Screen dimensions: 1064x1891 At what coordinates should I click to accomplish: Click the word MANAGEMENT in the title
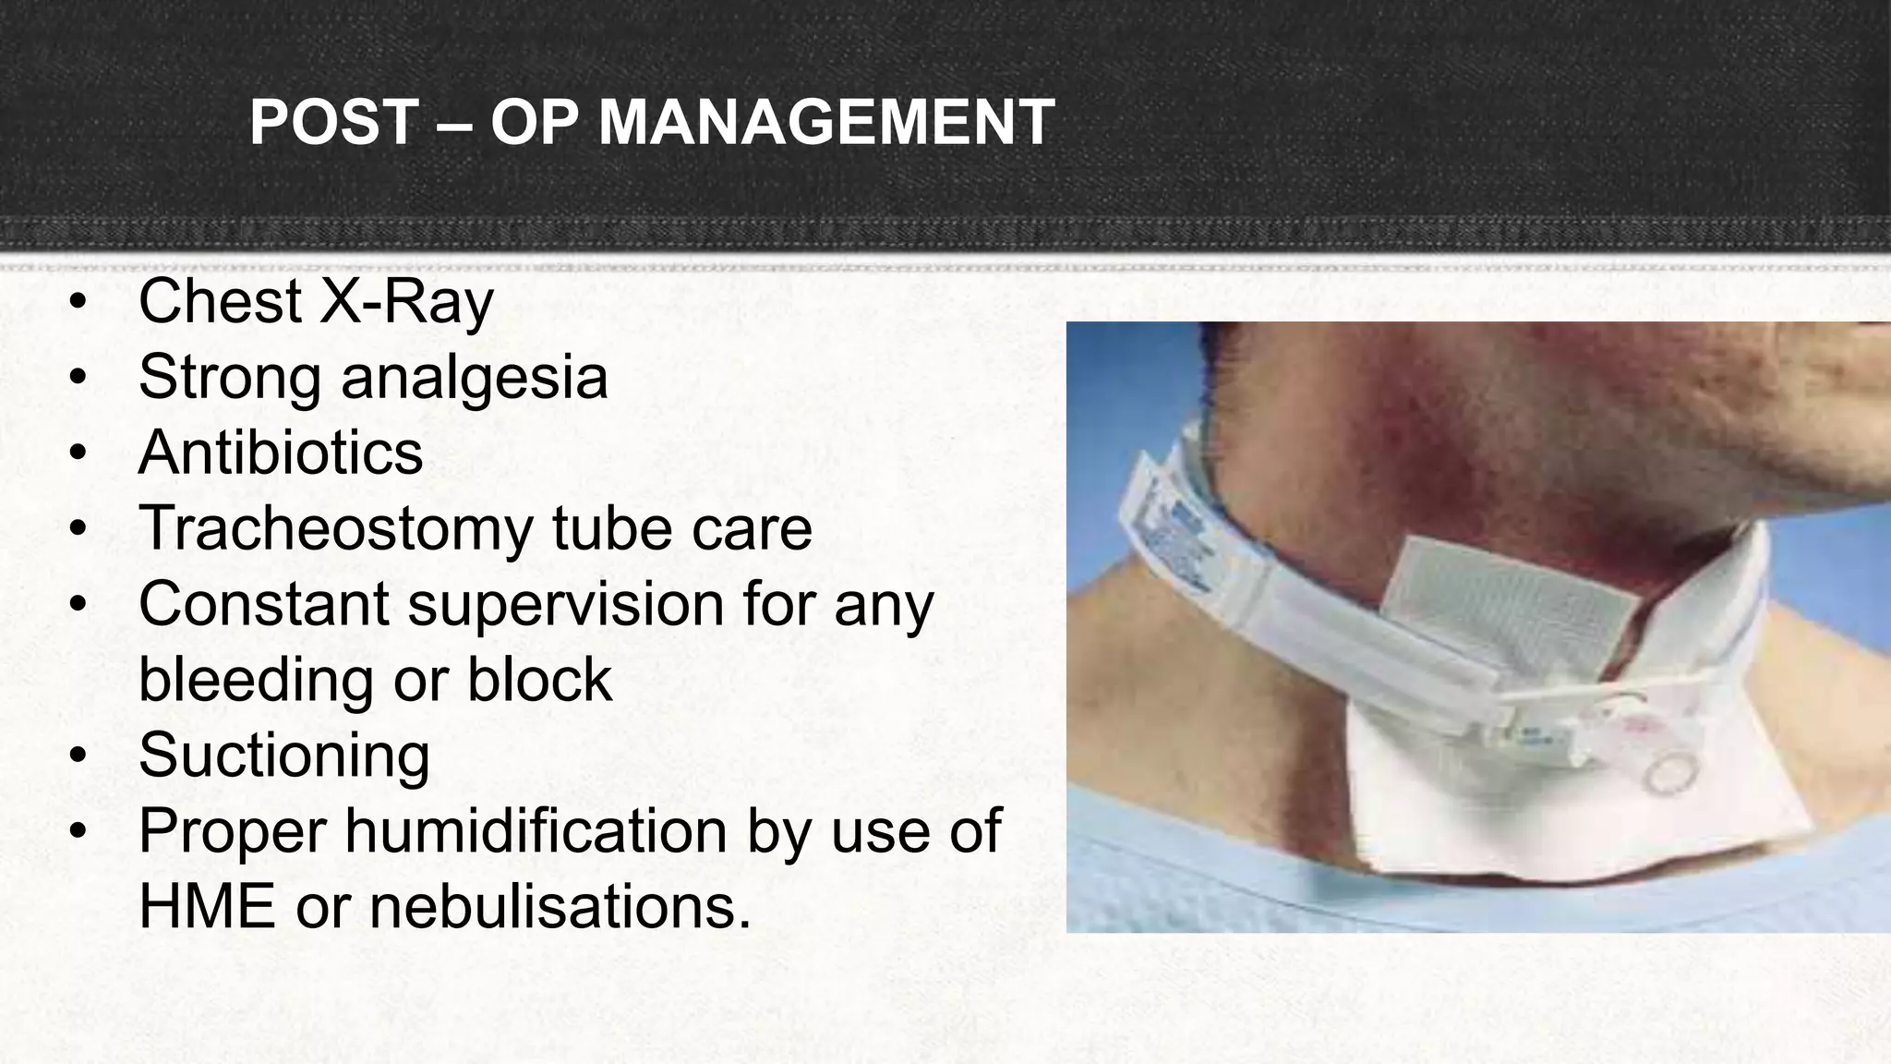(x=826, y=123)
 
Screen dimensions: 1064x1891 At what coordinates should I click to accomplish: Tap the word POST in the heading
(x=334, y=123)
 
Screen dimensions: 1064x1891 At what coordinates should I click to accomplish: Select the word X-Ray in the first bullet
(x=406, y=301)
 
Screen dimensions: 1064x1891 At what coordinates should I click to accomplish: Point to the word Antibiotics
(x=281, y=453)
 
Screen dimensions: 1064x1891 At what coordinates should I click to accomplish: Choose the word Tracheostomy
(x=336, y=528)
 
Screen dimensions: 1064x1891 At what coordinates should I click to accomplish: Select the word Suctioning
(x=283, y=756)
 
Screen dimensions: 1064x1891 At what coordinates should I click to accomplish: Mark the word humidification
(x=536, y=830)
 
